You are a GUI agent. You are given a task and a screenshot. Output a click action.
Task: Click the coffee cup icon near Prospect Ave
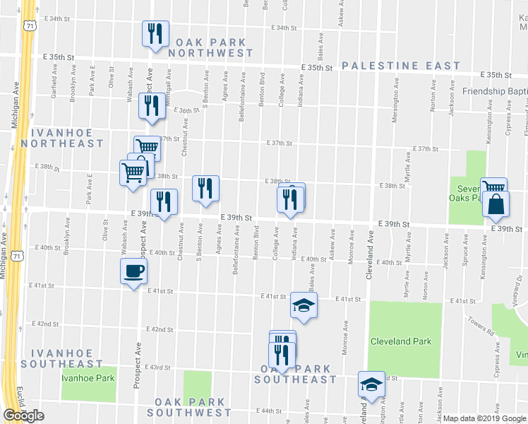[x=133, y=271]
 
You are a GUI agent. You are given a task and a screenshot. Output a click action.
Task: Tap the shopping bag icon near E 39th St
[x=497, y=204]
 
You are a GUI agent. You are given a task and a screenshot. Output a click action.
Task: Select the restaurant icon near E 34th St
[x=154, y=33]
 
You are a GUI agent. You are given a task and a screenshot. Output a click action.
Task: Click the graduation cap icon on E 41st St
[x=304, y=306]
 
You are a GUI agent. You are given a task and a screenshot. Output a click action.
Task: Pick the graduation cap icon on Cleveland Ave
[x=371, y=384]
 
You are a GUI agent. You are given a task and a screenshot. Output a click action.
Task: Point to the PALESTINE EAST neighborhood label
[x=401, y=66]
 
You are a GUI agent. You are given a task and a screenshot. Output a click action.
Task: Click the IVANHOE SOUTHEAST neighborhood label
[x=61, y=358]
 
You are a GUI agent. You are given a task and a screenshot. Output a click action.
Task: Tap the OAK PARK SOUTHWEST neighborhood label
[x=189, y=406]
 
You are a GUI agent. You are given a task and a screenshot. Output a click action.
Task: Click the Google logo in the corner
[x=23, y=416]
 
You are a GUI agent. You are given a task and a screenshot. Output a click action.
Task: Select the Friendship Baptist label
[x=495, y=91]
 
